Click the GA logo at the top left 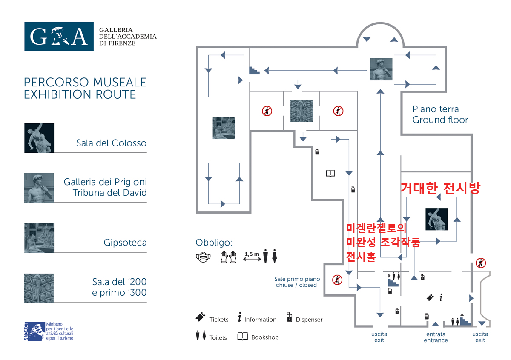(59, 36)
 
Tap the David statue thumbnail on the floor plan (381, 69)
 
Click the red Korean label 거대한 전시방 (440, 189)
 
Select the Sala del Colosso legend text (111, 143)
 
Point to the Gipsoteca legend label (125, 243)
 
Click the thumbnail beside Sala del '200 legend (39, 288)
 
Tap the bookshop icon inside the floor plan (330, 173)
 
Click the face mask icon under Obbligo (203, 257)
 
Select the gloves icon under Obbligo (228, 257)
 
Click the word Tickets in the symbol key (218, 320)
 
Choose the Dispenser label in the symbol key (309, 320)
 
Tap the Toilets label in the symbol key (218, 337)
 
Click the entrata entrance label (436, 337)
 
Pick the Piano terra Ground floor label (440, 114)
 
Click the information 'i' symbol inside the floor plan (441, 297)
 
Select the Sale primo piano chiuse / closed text (297, 282)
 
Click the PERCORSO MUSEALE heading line (85, 82)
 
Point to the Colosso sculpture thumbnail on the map (436, 219)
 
